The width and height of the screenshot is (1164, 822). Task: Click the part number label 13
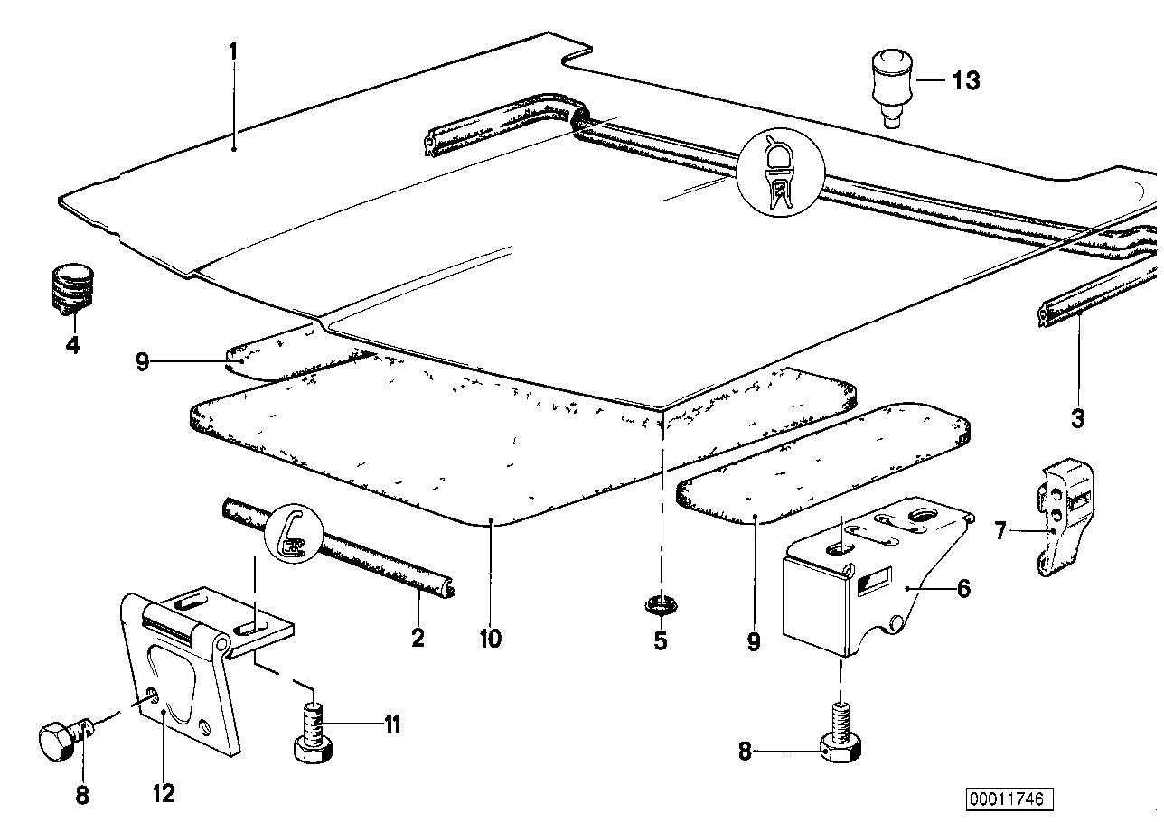(x=965, y=80)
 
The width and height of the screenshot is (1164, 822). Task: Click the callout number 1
(x=232, y=51)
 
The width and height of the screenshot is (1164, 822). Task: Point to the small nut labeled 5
(x=660, y=603)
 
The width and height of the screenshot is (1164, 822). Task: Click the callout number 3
(x=1077, y=418)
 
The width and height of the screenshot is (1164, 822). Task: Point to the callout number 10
(x=490, y=640)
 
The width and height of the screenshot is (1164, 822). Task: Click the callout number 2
(x=418, y=639)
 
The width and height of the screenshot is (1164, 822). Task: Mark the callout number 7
(x=1000, y=531)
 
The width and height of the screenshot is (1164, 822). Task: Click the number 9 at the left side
(x=142, y=362)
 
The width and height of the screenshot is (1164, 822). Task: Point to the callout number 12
(x=164, y=793)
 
